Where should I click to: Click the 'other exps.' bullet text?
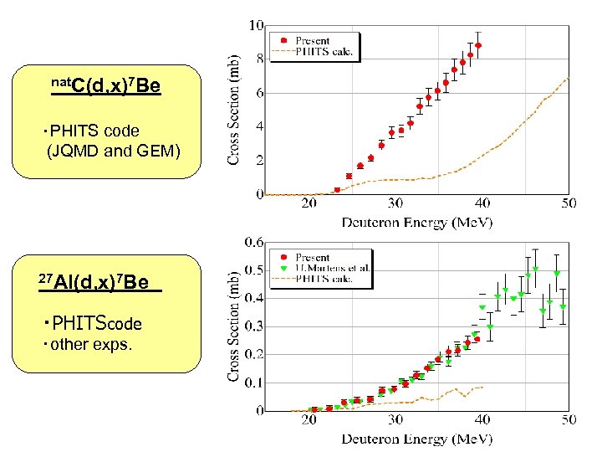click(91, 343)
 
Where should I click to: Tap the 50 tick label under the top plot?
click(568, 203)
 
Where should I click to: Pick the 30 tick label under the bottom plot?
click(395, 419)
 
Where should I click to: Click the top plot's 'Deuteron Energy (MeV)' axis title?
click(416, 222)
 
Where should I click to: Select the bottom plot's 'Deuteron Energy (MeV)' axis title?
click(416, 439)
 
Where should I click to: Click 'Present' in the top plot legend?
click(313, 40)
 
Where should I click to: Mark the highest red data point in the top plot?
click(478, 45)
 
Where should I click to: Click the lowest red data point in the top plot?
click(337, 190)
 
